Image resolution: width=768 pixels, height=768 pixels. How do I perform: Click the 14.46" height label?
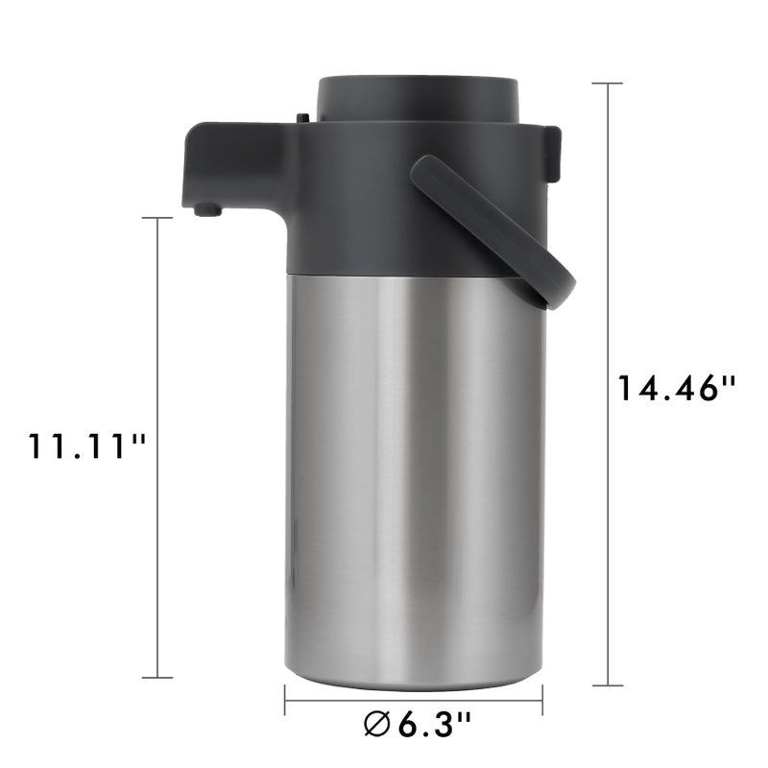(x=676, y=388)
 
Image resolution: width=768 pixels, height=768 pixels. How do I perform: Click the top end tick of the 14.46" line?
(x=608, y=84)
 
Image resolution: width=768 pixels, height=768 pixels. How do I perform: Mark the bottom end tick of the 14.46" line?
(x=608, y=684)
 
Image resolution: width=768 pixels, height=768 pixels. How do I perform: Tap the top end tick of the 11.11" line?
(x=157, y=219)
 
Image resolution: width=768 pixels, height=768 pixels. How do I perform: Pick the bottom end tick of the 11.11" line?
(x=157, y=678)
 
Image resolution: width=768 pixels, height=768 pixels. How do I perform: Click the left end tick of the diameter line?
(x=286, y=700)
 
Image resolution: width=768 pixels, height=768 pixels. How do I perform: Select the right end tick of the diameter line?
(x=543, y=700)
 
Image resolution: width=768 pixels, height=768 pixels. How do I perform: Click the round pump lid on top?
(x=418, y=99)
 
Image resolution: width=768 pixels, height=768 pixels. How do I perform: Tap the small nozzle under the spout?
(x=203, y=210)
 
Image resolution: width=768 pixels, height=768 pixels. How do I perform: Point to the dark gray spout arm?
(x=235, y=163)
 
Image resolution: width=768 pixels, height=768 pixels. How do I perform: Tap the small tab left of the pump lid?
(x=303, y=118)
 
